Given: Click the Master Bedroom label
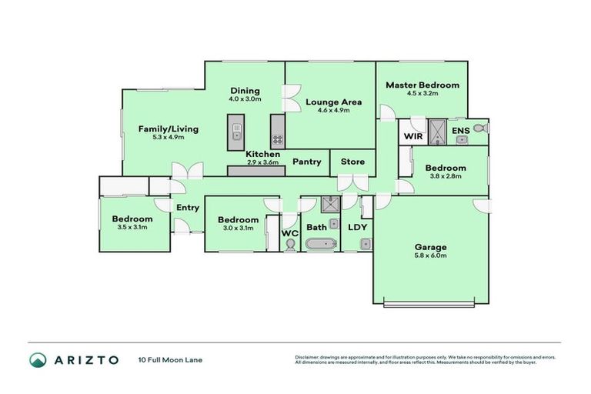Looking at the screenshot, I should coord(422,85).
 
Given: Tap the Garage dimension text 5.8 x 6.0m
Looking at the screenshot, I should coord(431,255).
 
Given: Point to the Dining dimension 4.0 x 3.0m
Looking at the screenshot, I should coord(245,99).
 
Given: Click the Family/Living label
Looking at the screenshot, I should coord(168,129).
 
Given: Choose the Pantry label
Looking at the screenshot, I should coord(307,162).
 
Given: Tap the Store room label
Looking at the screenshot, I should coord(352,162).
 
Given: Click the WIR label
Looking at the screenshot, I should coord(412,135).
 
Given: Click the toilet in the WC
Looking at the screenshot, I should coord(289,245).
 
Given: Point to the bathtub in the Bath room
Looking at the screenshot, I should coord(319,245).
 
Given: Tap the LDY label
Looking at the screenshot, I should coord(357,227).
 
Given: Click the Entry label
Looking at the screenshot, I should coord(187,208).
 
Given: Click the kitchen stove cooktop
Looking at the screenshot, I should coord(276,140).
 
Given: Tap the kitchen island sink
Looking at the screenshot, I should coord(236,128).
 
